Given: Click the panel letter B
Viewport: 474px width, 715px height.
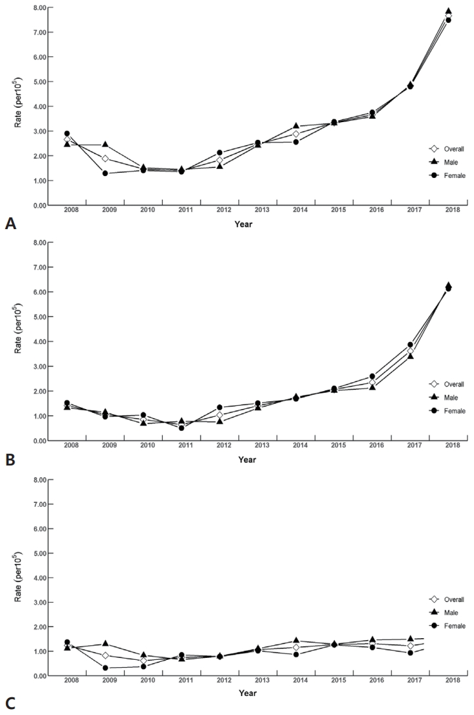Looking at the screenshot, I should [9, 460].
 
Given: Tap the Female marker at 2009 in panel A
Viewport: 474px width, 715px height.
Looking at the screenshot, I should [104, 173].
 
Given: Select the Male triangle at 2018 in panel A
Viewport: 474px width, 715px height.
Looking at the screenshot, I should [448, 12].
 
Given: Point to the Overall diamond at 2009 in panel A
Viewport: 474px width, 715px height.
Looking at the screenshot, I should [104, 158].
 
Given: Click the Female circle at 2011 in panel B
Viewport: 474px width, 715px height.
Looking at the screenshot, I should [181, 428].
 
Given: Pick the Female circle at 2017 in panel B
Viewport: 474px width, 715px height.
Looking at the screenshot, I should [410, 345].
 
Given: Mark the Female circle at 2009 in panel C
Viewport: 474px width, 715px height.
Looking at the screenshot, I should [104, 668].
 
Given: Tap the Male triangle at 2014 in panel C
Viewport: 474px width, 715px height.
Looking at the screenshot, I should [296, 641].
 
